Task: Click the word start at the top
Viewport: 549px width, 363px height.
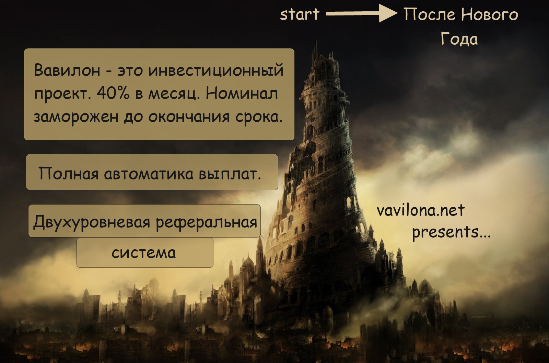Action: (300, 14)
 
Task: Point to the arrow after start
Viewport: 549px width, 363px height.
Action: (362, 13)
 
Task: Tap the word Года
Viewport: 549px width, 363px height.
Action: (459, 39)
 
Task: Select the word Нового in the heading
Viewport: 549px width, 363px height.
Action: (490, 14)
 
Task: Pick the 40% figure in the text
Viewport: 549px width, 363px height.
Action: (113, 93)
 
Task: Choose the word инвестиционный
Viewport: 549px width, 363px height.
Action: (216, 71)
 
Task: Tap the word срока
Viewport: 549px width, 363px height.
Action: (259, 117)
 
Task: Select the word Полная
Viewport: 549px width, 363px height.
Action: (69, 173)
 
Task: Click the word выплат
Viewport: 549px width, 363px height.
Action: (230, 173)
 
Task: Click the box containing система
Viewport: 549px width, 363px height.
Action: (145, 252)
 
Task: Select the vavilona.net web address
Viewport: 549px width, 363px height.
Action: (420, 210)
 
